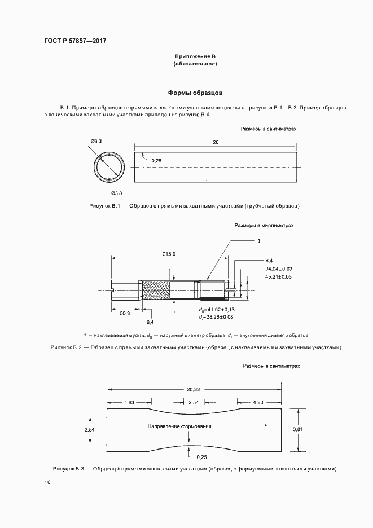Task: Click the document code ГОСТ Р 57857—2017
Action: [x=75, y=42]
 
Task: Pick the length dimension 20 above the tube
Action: [x=216, y=142]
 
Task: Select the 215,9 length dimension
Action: [x=169, y=254]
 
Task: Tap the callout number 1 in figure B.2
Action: [x=258, y=241]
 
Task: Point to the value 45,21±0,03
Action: [x=278, y=277]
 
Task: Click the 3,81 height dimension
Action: [x=298, y=429]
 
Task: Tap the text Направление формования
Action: [x=179, y=426]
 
